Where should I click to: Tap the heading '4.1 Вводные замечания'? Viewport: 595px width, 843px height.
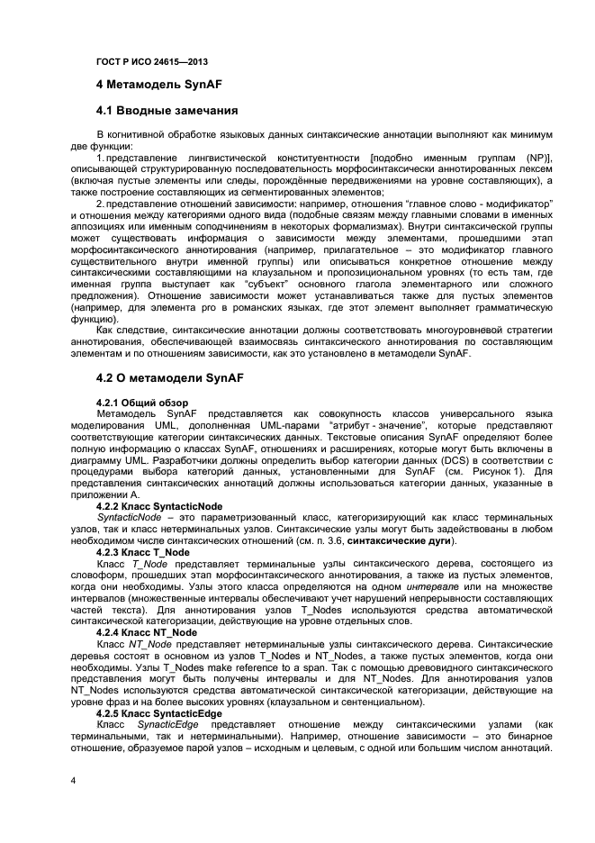click(167, 113)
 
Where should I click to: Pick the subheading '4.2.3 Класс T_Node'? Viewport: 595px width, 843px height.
click(142, 551)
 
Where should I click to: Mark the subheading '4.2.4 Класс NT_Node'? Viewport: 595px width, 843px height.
click(146, 632)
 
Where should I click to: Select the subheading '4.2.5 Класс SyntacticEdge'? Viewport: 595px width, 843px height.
click(158, 713)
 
